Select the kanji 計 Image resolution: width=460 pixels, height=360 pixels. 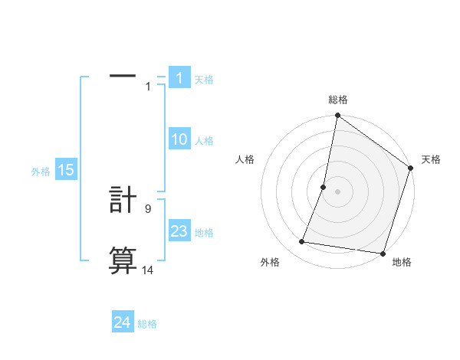click(x=123, y=201)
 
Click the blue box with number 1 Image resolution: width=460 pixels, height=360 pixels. click(x=179, y=78)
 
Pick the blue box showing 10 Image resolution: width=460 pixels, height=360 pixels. click(x=179, y=140)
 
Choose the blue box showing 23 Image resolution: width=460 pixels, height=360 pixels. click(x=179, y=232)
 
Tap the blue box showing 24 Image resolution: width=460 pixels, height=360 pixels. click(x=122, y=323)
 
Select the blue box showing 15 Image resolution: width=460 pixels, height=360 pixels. click(x=66, y=171)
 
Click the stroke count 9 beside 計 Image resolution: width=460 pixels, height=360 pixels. click(x=147, y=208)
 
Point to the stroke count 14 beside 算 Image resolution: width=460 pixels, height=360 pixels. click(x=148, y=270)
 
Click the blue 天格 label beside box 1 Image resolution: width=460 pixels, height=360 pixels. click(x=204, y=80)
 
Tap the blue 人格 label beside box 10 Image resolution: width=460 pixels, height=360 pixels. click(x=204, y=141)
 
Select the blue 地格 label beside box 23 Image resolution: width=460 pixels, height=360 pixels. click(x=204, y=233)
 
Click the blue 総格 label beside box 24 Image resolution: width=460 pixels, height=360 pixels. click(x=147, y=324)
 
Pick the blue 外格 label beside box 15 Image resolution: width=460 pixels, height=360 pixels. click(x=41, y=172)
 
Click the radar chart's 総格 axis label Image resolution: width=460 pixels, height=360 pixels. click(x=338, y=100)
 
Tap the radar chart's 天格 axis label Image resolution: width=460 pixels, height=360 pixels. click(x=431, y=159)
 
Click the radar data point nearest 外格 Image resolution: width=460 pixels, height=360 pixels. click(x=302, y=242)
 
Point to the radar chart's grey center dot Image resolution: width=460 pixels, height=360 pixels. click(x=337, y=191)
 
